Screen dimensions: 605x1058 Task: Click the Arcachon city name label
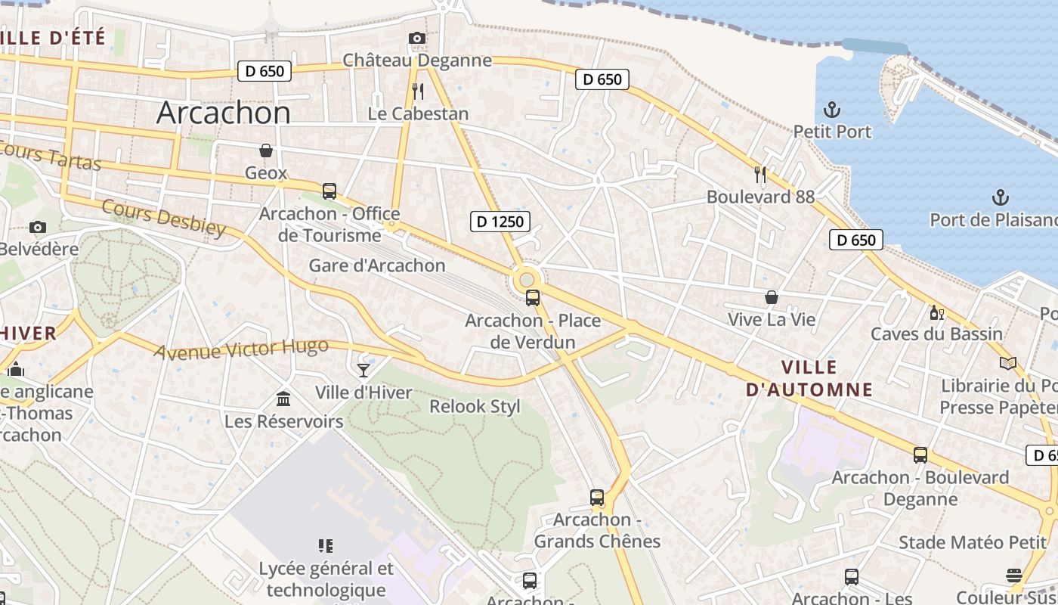(x=223, y=113)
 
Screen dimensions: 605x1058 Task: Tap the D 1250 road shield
(x=500, y=222)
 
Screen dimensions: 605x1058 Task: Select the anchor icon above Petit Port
(x=832, y=110)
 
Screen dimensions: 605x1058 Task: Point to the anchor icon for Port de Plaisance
(x=1000, y=198)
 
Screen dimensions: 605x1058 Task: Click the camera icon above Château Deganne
(x=416, y=39)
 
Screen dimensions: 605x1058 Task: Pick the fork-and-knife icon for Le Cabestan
(x=418, y=92)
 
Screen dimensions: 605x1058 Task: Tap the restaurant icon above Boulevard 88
(x=760, y=175)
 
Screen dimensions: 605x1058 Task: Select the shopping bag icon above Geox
(x=266, y=150)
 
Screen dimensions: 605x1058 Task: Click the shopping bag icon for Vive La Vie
(x=771, y=297)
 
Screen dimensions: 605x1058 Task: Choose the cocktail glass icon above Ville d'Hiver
(x=363, y=370)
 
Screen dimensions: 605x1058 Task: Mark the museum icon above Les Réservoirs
(x=283, y=399)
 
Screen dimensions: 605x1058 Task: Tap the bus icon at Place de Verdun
(x=533, y=298)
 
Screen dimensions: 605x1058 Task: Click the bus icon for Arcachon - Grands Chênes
(x=597, y=498)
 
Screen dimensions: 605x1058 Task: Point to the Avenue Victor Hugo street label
(x=241, y=349)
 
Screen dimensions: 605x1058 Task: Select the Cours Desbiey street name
(x=163, y=218)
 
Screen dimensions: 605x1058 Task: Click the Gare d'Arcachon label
(x=376, y=265)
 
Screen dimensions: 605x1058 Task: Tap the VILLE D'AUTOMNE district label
(x=809, y=378)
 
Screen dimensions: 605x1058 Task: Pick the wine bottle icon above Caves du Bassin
(x=936, y=312)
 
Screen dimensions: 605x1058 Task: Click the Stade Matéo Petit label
(x=973, y=542)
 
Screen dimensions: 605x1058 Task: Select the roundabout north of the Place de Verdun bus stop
(x=527, y=279)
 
